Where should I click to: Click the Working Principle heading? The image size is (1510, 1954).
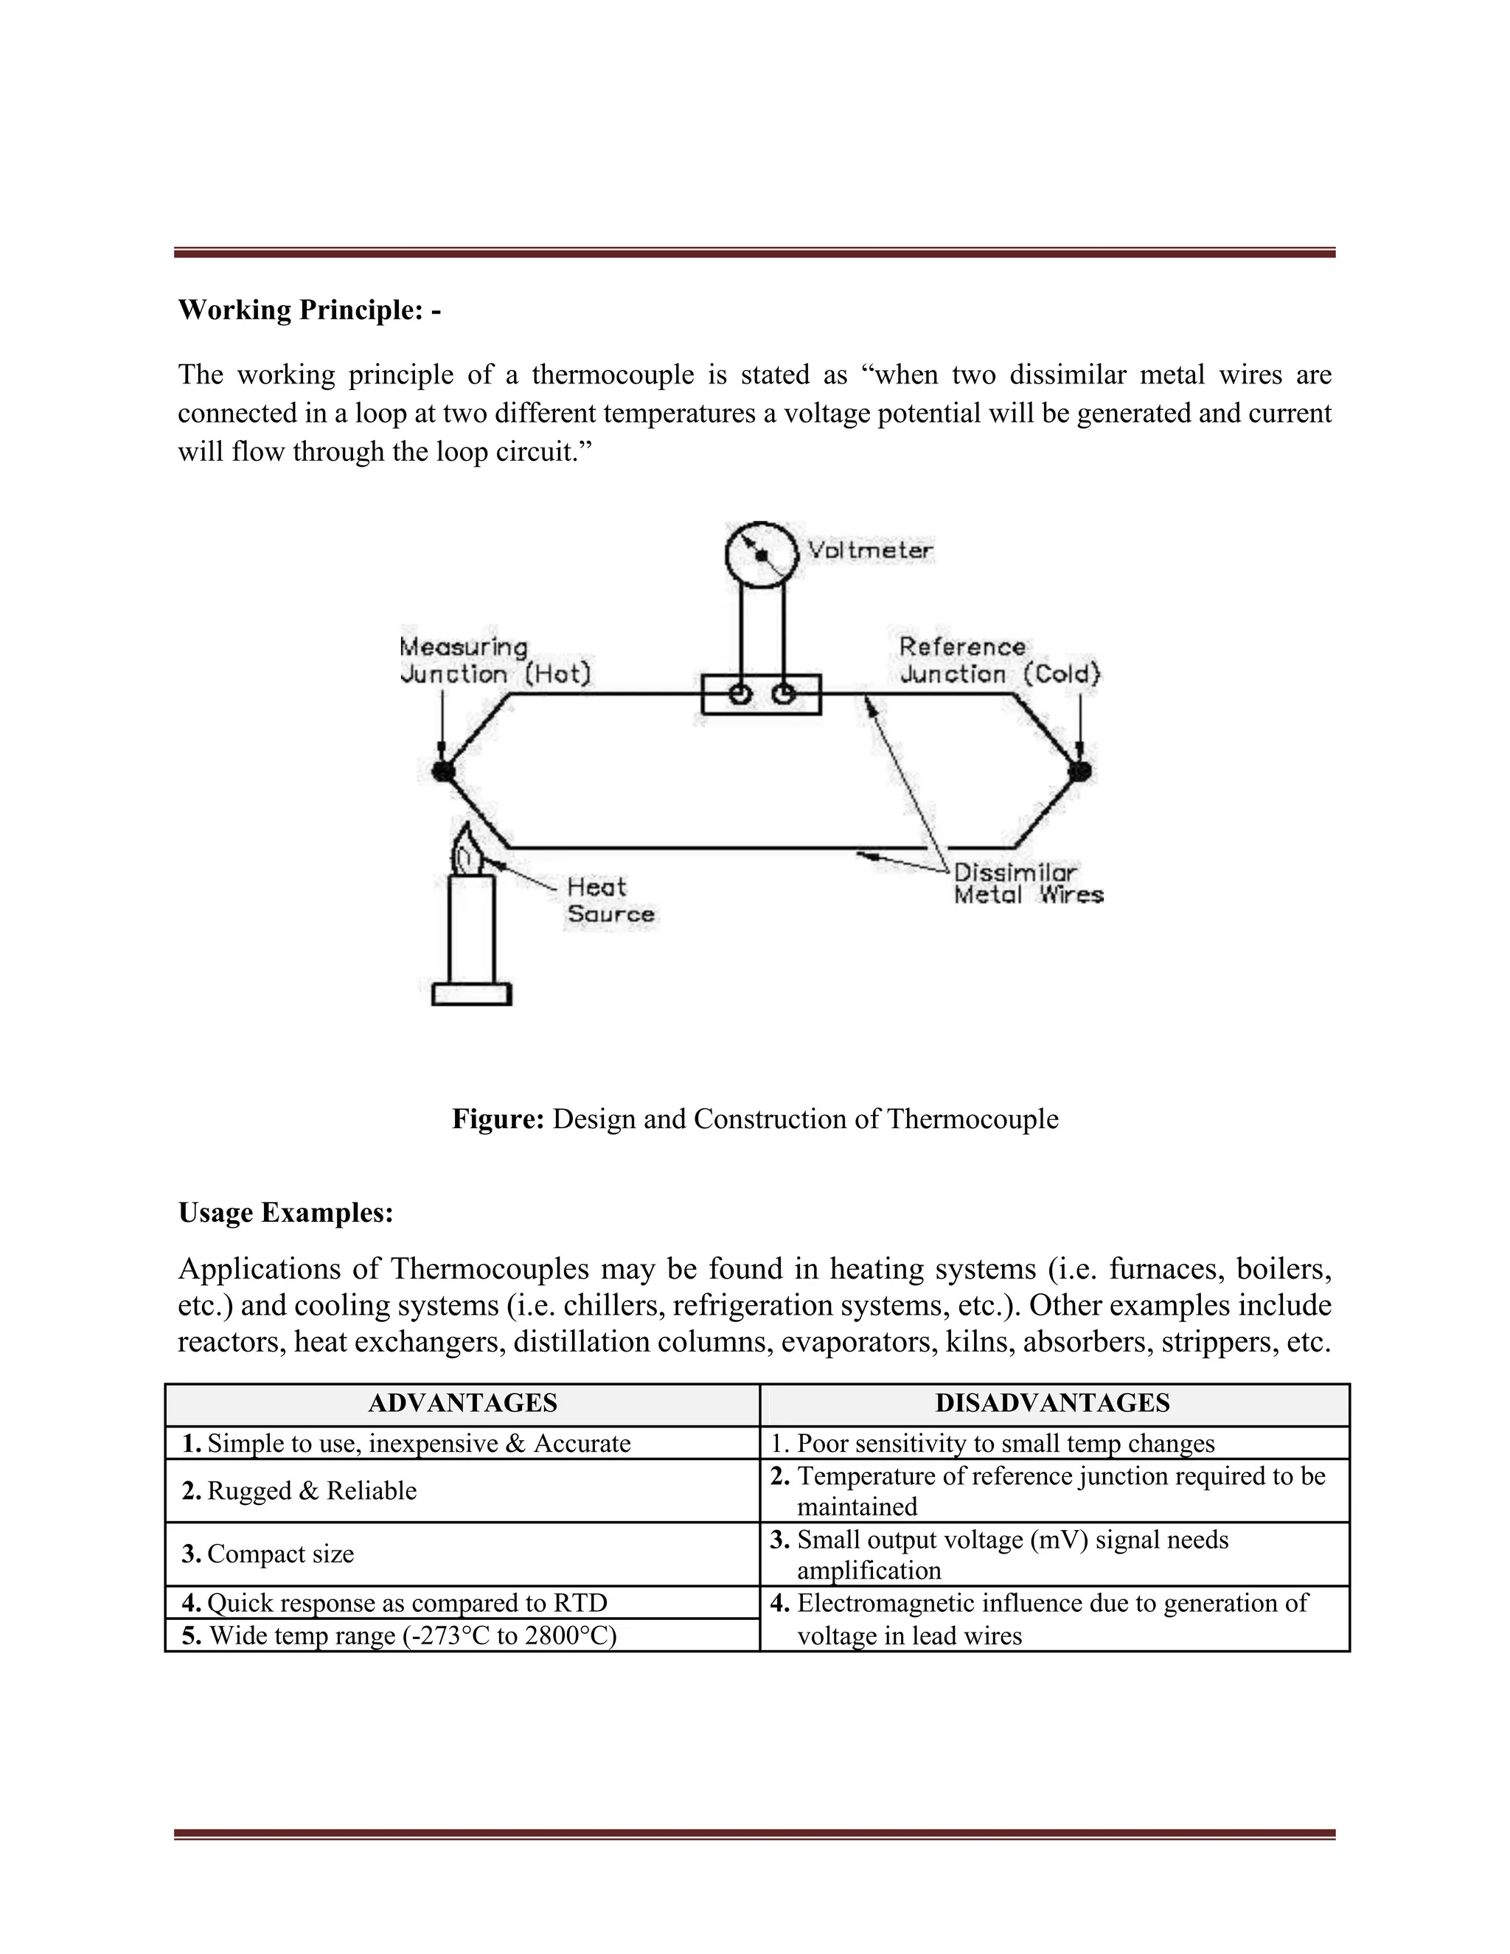309,310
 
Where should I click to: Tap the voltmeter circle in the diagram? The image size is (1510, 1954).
760,554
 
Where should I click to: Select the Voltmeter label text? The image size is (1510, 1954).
869,550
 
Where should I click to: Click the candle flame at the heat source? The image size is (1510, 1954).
466,850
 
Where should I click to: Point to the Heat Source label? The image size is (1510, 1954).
610,900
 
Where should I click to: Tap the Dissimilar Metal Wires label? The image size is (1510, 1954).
1028,883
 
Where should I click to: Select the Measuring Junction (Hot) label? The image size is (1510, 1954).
495,660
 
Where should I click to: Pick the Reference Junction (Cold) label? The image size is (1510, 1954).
999,660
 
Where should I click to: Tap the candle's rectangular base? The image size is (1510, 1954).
471,993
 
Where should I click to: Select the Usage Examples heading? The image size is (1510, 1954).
285,1212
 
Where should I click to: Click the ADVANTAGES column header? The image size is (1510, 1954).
462,1403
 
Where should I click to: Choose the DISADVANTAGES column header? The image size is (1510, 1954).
1052,1403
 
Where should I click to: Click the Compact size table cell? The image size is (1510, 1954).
280,1554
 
